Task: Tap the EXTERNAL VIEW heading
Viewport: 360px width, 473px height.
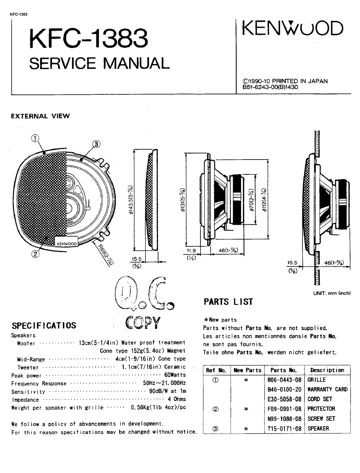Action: pos(40,116)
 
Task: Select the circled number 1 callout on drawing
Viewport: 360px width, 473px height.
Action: pos(35,139)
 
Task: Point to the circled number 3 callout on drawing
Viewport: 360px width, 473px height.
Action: pos(96,144)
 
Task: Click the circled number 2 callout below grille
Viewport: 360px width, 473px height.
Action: pos(35,254)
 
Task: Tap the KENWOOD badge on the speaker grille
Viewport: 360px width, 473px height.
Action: pos(67,243)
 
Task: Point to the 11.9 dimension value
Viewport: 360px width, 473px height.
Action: pos(191,251)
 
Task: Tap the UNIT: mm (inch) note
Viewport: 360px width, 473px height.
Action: pos(332,293)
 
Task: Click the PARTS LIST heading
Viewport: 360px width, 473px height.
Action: pos(228,302)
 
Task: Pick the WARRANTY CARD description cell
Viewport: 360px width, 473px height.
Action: pos(327,389)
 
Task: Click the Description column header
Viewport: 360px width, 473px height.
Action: pos(327,370)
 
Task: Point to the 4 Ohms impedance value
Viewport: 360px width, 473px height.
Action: pos(177,399)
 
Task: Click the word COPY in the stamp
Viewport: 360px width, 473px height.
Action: pos(142,322)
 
